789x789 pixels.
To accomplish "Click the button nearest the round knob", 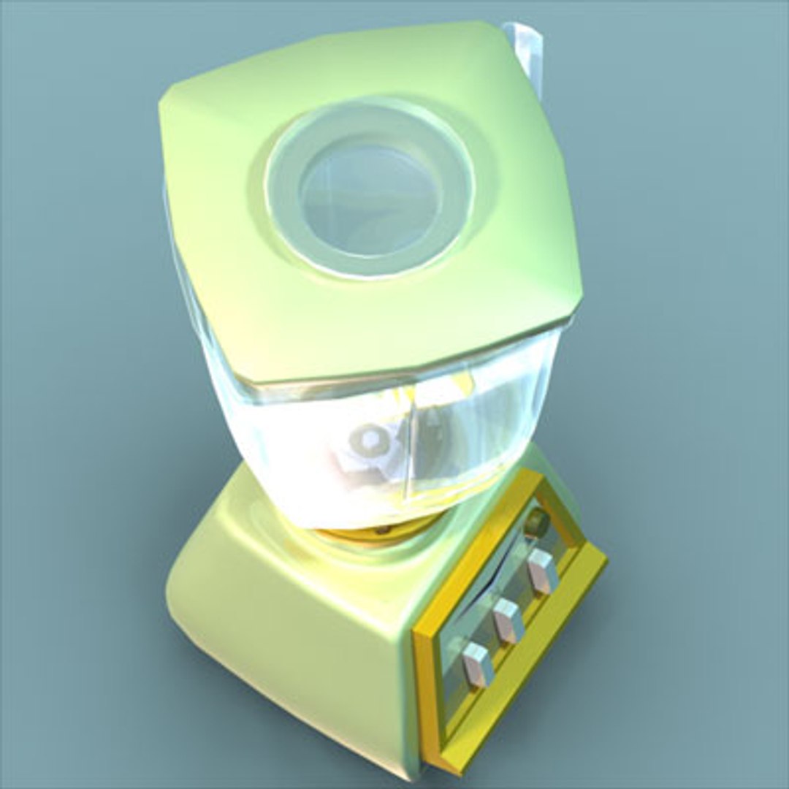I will pos(541,571).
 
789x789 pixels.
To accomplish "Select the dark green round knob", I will pos(537,522).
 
